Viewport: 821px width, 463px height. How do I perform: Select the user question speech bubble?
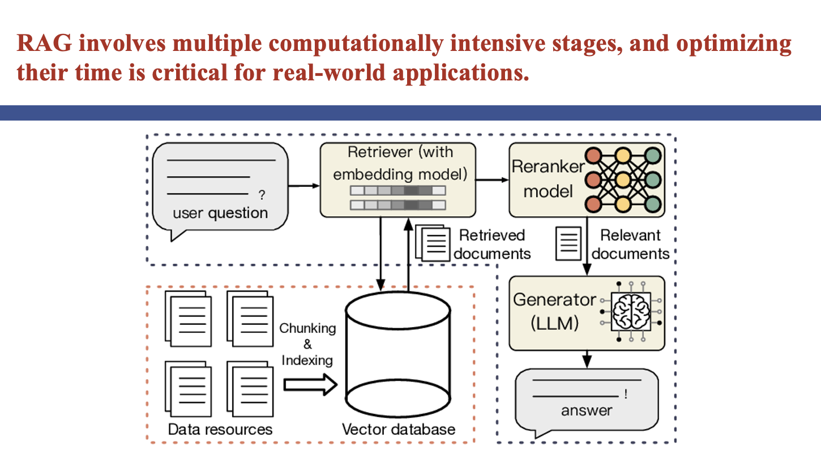pyautogui.click(x=221, y=187)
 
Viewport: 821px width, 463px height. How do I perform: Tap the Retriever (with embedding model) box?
pyautogui.click(x=397, y=180)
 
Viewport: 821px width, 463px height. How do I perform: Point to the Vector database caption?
pyautogui.click(x=399, y=429)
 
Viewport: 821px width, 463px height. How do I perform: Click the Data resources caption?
pyautogui.click(x=220, y=429)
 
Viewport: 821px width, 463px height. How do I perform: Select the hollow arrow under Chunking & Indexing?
pyautogui.click(x=310, y=385)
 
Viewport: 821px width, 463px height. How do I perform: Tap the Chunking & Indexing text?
pyautogui.click(x=307, y=344)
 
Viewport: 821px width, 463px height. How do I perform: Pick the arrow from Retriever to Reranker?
pyautogui.click(x=491, y=180)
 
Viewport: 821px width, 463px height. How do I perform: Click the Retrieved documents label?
pyautogui.click(x=492, y=244)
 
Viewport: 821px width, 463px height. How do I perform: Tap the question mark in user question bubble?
pyautogui.click(x=262, y=196)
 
